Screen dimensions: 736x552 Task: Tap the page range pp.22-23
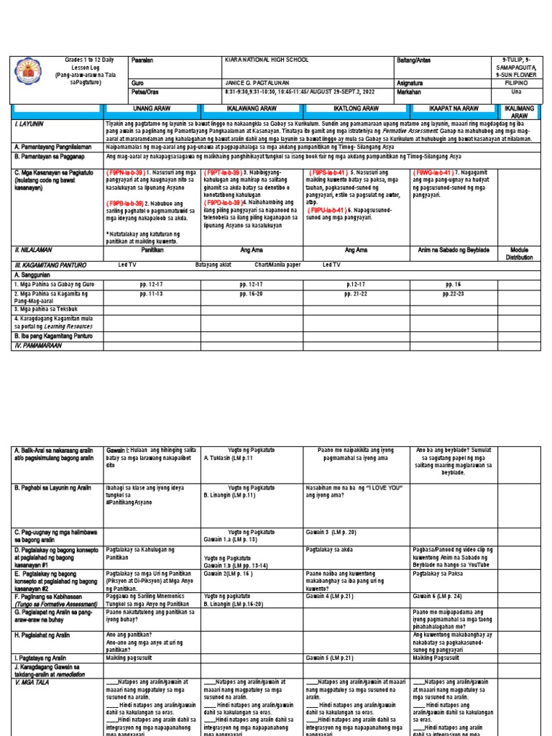tap(454, 294)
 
